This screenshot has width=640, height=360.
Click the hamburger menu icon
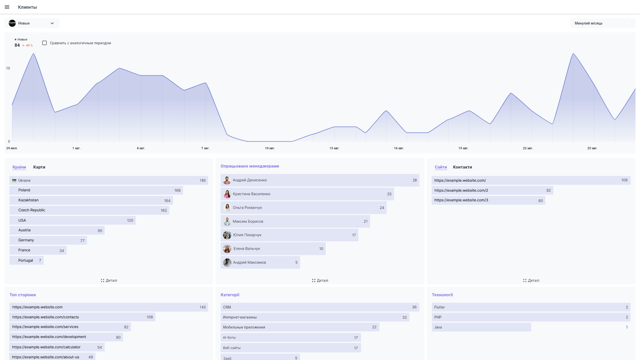7,7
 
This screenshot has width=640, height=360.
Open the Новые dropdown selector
32,23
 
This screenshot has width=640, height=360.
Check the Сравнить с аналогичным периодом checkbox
44,43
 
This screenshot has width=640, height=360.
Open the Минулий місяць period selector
602,23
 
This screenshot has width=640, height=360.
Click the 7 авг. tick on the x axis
205,148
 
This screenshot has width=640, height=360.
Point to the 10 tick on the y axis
8,68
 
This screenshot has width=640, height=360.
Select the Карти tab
39,167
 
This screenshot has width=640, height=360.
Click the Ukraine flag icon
14,181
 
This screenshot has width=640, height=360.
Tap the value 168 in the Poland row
177,191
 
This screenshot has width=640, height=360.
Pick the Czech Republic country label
32,210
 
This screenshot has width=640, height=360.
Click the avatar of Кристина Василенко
227,194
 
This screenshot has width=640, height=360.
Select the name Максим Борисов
248,222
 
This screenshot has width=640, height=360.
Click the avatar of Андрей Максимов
227,263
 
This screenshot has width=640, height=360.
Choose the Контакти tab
462,167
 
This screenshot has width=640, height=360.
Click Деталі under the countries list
109,281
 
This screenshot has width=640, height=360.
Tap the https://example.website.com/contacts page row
46,317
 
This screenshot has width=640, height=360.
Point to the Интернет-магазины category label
240,318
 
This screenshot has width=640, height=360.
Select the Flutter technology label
439,307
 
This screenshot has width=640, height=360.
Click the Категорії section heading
230,295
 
